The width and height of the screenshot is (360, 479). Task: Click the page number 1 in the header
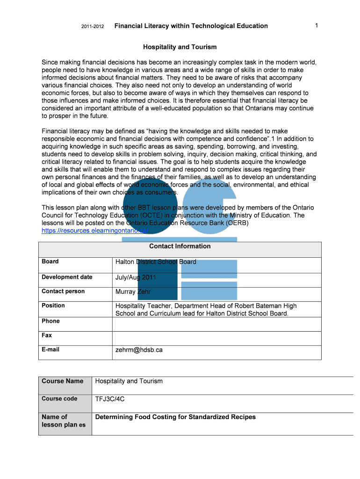pos(317,26)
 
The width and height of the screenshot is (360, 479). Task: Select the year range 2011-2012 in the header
pos(93,26)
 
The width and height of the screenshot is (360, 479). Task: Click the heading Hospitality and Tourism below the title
pos(180,47)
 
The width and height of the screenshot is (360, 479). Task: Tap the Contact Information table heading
pos(180,247)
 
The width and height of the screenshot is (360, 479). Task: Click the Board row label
pos(50,261)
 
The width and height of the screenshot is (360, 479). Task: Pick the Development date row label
pos(67,277)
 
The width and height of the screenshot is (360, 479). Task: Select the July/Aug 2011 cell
pos(136,277)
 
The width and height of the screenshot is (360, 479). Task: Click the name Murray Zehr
pos(133,291)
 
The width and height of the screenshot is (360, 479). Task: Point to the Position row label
pos(53,305)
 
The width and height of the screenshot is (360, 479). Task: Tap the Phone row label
pos(50,321)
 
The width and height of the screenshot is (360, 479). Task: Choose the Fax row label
pos(47,335)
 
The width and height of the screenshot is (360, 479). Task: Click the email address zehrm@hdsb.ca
pos(139,349)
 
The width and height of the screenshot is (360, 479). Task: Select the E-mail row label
pos(50,349)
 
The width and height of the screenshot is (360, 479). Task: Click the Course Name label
pos(63,381)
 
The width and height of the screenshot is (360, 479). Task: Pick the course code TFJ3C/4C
pos(110,399)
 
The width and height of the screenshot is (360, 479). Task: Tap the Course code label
pos(59,399)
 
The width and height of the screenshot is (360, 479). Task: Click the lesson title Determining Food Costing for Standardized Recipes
pos(175,417)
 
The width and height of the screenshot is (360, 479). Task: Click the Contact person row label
pos(63,291)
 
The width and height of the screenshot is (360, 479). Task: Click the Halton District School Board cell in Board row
pos(156,262)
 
